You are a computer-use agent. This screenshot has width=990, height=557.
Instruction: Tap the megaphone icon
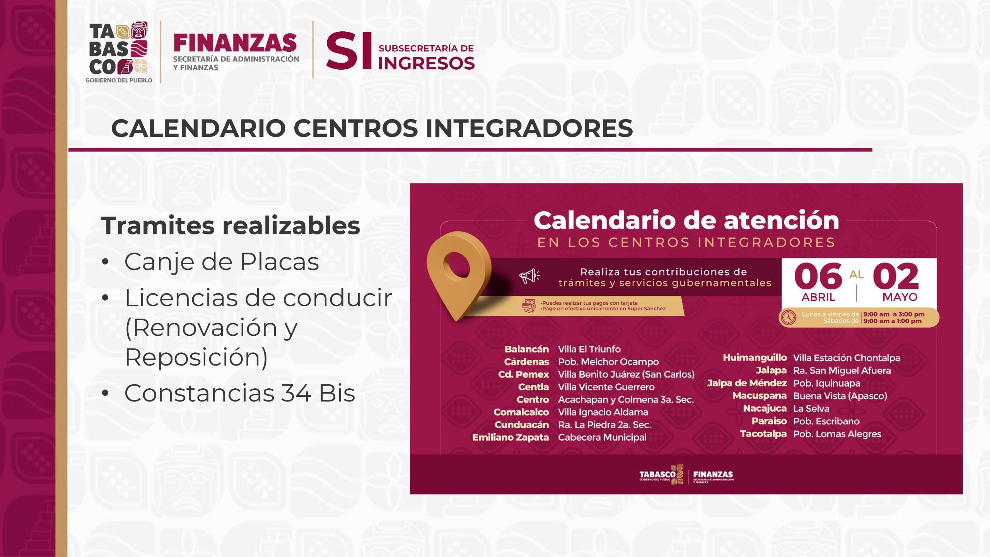(x=529, y=276)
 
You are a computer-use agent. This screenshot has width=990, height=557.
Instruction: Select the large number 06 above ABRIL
(x=818, y=276)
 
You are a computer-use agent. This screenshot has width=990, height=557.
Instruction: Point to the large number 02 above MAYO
(x=896, y=276)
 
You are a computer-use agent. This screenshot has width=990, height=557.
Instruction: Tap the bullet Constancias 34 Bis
(x=240, y=393)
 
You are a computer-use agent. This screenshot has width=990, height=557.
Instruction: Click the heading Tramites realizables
(x=230, y=226)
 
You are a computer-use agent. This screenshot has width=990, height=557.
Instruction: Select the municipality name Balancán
(x=527, y=349)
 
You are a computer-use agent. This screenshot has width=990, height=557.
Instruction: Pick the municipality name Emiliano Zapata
(x=510, y=437)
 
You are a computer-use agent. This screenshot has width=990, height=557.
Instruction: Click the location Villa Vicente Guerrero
(x=606, y=387)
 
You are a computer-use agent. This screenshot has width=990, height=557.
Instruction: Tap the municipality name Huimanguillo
(x=755, y=358)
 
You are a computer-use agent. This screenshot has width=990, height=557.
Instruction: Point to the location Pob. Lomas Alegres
(x=837, y=434)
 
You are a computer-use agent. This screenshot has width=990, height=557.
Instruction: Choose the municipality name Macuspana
(x=760, y=396)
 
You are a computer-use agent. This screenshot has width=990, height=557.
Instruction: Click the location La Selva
(x=811, y=408)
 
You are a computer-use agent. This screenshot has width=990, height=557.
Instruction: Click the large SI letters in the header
(x=349, y=51)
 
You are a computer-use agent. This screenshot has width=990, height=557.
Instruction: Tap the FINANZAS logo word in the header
(x=235, y=43)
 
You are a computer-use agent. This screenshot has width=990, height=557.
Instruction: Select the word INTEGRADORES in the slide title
(x=529, y=128)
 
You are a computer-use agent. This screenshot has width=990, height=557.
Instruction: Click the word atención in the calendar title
(x=782, y=220)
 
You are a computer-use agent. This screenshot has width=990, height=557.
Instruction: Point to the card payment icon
(x=529, y=306)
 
